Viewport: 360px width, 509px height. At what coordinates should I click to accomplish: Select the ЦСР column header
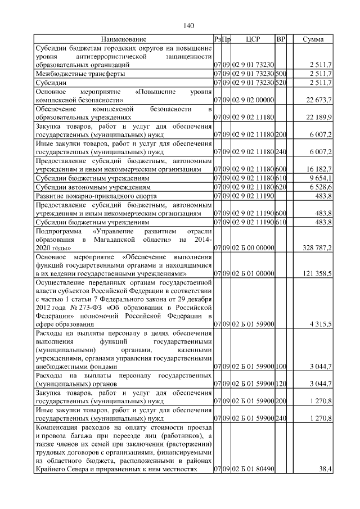[x=253, y=39]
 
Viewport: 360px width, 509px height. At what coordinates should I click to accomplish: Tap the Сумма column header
[x=313, y=39]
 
